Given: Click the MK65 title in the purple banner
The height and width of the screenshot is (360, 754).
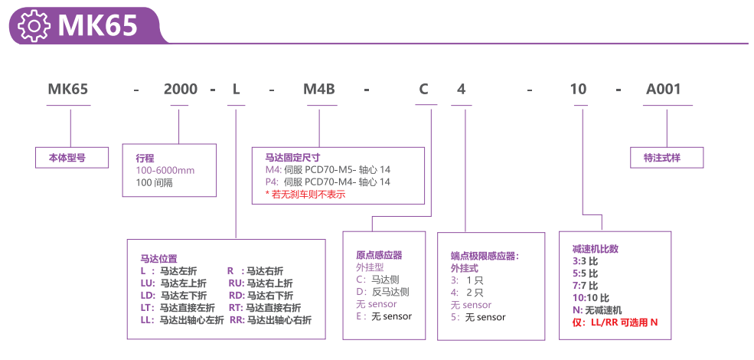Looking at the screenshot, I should pyautogui.click(x=97, y=26).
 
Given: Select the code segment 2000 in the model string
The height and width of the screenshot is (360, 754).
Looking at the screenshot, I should pyautogui.click(x=181, y=89).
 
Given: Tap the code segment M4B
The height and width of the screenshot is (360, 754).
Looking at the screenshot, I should pyautogui.click(x=319, y=89).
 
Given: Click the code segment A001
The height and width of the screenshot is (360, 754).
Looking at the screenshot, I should pyautogui.click(x=663, y=89).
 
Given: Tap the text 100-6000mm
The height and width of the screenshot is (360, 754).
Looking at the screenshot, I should pyautogui.click(x=165, y=170).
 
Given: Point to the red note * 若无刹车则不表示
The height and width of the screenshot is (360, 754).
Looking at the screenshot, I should pyautogui.click(x=305, y=195).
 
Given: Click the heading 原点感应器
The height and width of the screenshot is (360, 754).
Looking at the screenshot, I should pyautogui.click(x=379, y=255).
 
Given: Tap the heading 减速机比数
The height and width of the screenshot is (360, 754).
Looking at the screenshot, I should pyautogui.click(x=595, y=249).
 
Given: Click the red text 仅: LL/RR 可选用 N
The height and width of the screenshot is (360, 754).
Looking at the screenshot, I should pyautogui.click(x=615, y=322).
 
